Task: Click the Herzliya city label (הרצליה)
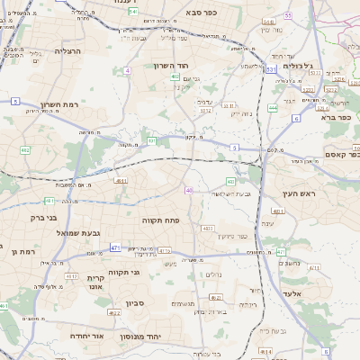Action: [x=67, y=51]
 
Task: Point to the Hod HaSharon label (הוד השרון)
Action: [x=193, y=67]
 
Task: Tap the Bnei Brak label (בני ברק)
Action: [x=43, y=217]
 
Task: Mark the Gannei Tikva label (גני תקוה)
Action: [x=123, y=272]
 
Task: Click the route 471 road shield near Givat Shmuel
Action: [x=115, y=247]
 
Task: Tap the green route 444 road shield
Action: [x=272, y=108]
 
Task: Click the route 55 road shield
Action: [x=288, y=15]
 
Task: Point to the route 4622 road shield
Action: [x=114, y=313]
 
